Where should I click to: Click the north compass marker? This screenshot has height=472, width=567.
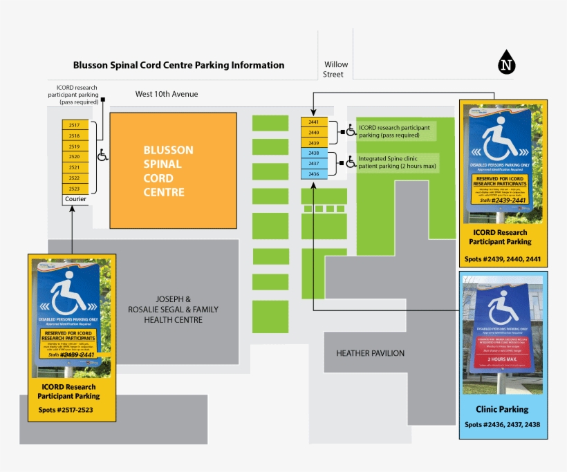point(508,64)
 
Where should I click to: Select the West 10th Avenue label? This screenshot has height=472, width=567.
point(167,94)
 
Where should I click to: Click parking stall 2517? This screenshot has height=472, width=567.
point(75,126)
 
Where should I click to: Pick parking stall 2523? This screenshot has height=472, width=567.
point(75,189)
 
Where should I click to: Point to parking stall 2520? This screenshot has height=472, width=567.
point(75,157)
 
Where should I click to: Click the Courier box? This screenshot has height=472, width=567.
point(75,200)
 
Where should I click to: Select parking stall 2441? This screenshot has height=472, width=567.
point(313,122)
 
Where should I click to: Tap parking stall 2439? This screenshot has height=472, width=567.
point(313,142)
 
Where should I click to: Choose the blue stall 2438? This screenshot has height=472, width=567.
point(313,153)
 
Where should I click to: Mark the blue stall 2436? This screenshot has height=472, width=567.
point(313,174)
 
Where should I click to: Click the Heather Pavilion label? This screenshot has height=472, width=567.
point(370,353)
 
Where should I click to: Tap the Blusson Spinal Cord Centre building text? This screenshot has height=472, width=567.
point(168,171)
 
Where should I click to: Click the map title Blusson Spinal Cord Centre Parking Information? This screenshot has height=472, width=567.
point(178,66)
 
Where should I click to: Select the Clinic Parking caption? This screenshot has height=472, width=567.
point(502,409)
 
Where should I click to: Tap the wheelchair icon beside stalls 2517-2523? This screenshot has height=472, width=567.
point(102,155)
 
